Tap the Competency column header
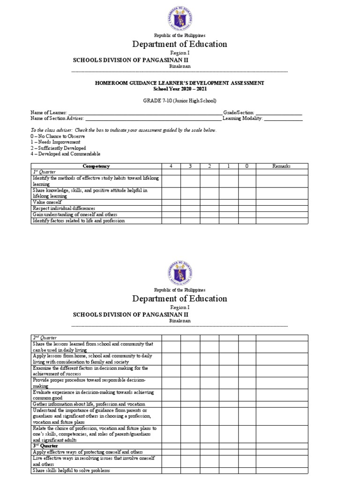coord(96,166)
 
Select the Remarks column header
coord(281,166)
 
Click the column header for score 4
coord(171,166)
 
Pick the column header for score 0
coord(247,166)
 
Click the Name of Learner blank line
coord(145,113)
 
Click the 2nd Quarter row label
coord(43,337)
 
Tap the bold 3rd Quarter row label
coord(45,446)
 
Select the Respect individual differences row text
coord(63,208)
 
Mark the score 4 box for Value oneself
coord(171,202)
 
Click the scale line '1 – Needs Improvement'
coord(55,142)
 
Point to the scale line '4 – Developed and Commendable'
coord(65,154)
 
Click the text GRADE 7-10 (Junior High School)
coord(180,100)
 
